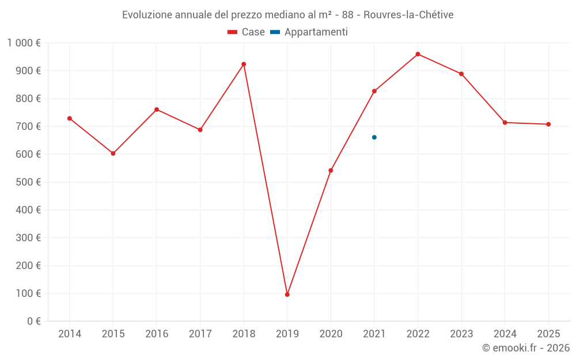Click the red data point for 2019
287,294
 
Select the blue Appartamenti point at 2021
374,137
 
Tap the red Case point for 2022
418,54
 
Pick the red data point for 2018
244,64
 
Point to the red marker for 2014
70,118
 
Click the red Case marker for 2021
374,91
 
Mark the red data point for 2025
548,124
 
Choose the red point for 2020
331,170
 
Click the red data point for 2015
113,153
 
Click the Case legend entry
247,32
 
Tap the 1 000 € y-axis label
24,43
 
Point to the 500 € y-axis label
29,182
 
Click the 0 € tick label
33,321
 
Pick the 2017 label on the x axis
200,334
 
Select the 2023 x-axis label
461,334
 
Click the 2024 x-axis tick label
505,334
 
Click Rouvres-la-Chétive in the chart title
408,14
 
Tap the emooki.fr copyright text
526,348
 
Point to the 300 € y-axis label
29,238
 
